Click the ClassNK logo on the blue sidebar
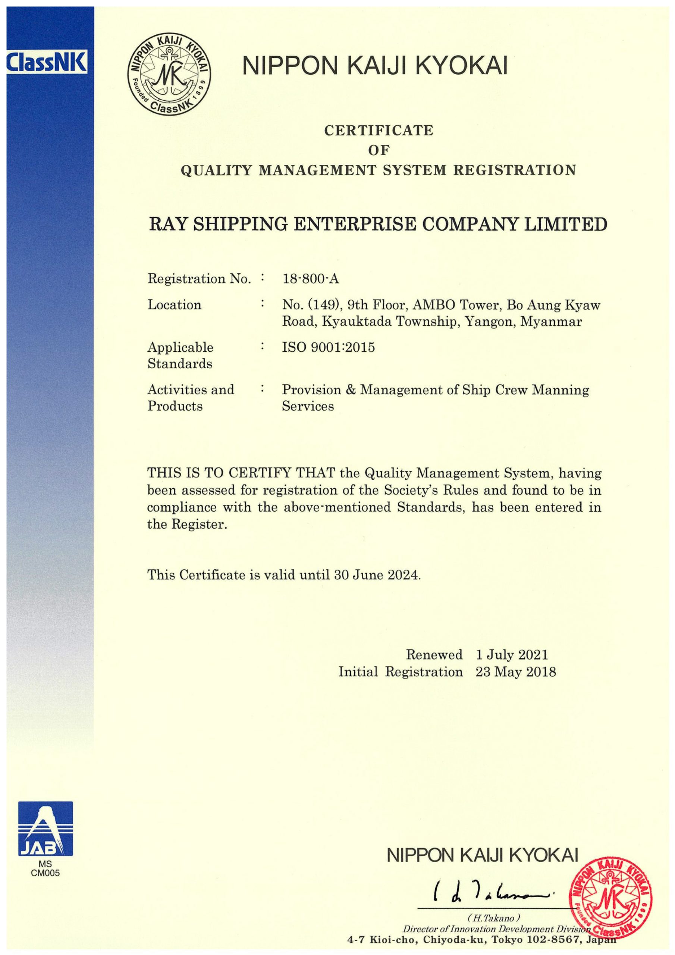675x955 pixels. [x=47, y=62]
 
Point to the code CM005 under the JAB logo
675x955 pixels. [x=46, y=873]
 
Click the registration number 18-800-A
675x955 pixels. [x=311, y=279]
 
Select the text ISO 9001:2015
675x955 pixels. [x=328, y=347]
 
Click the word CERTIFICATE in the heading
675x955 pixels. [x=379, y=131]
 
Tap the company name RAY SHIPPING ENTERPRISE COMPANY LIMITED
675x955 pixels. [x=378, y=225]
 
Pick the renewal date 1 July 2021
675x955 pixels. [x=512, y=655]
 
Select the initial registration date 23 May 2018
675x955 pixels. [x=515, y=672]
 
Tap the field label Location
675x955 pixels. [x=174, y=305]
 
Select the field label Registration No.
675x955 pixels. [x=199, y=279]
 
